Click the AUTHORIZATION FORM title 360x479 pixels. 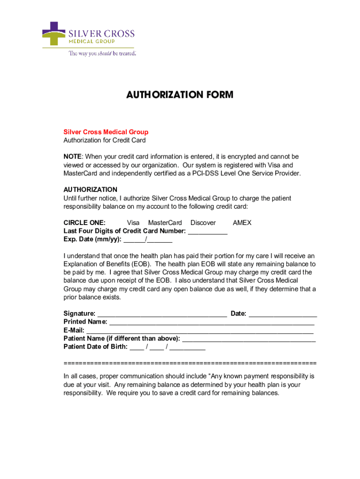(x=180, y=95)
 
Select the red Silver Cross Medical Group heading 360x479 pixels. (x=106, y=132)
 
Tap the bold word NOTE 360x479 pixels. (x=72, y=156)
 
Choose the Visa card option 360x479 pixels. (x=133, y=223)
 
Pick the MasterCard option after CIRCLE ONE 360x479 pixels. (x=165, y=223)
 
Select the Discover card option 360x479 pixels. (x=203, y=223)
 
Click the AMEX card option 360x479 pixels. (x=242, y=223)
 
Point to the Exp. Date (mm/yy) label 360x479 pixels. (x=92, y=239)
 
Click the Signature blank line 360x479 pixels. (x=162, y=314)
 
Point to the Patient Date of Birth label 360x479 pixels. (x=95, y=347)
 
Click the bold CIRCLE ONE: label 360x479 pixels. (x=84, y=223)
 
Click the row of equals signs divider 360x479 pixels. (x=190, y=363)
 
